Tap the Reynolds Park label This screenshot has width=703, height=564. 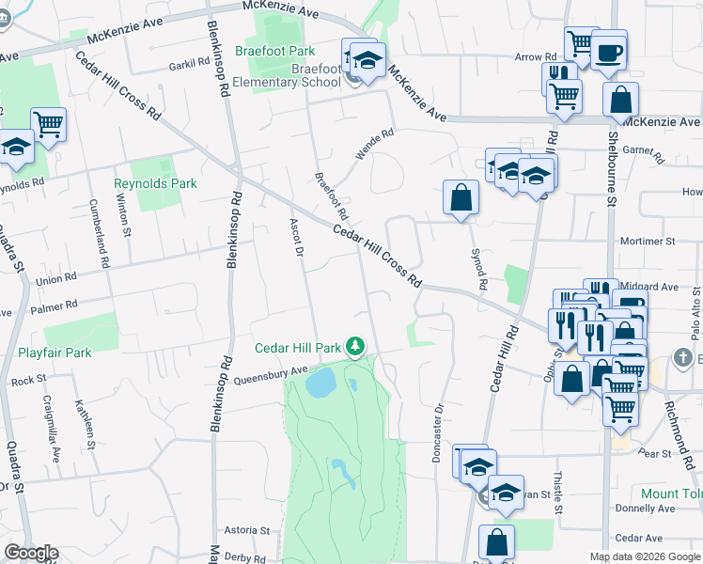coord(156,183)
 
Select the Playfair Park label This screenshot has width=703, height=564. coord(55,352)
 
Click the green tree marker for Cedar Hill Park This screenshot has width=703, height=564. coord(355,348)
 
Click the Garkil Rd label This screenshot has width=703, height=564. coord(189,63)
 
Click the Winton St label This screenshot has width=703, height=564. coord(123,215)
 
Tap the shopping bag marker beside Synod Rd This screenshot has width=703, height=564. coord(461,197)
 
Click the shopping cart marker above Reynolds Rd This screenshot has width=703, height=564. coord(48,122)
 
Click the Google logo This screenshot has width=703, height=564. coord(30,553)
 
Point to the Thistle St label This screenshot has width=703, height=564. coord(557,488)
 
